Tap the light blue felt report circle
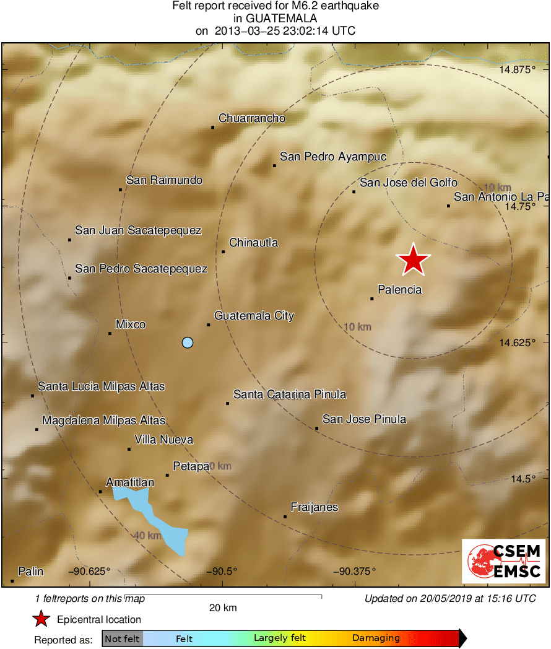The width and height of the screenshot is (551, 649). click(x=188, y=342)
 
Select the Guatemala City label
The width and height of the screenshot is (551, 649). click(x=254, y=316)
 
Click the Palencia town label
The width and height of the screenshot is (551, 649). click(x=399, y=289)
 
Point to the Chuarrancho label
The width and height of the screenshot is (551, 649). click(x=252, y=118)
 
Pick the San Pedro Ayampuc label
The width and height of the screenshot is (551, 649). click(x=333, y=157)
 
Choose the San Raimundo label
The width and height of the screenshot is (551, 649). click(x=164, y=180)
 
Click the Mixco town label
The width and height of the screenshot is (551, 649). click(x=131, y=324)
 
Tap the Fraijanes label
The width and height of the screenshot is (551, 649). click(x=315, y=507)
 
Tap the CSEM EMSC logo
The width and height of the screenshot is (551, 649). click(x=504, y=561)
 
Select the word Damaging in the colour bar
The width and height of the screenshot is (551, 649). click(x=376, y=638)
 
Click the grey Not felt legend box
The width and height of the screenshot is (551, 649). click(x=122, y=638)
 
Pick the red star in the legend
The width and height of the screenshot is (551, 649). click(x=41, y=619)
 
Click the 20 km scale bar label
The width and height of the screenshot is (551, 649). click(x=223, y=608)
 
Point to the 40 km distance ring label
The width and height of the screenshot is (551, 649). click(x=146, y=535)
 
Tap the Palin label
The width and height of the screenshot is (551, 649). click(x=30, y=571)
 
